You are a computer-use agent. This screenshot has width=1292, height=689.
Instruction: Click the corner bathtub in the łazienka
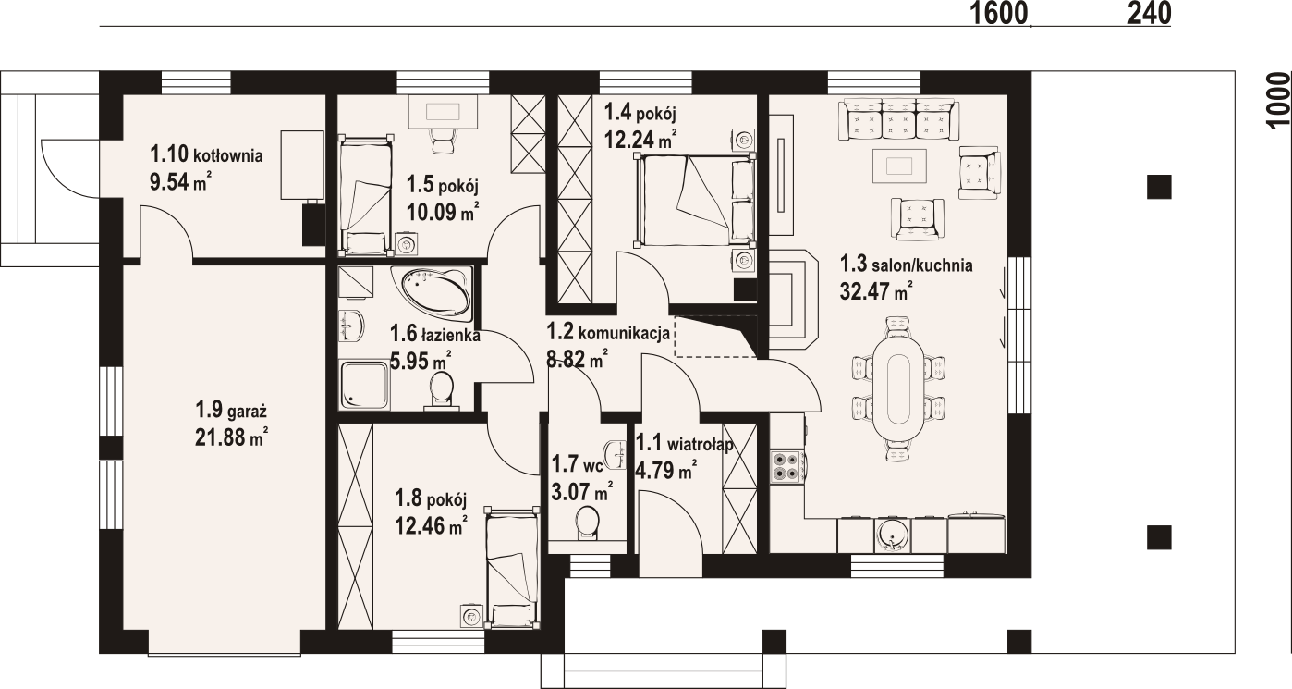[433, 294]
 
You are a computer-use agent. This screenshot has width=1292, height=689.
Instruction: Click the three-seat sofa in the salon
[899, 119]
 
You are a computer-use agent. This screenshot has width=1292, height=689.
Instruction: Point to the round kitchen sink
[893, 535]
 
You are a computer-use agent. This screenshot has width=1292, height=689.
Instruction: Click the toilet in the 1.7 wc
[588, 523]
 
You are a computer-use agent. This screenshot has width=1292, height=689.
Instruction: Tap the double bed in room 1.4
[696, 200]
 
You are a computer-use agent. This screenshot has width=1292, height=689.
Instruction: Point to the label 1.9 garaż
[231, 411]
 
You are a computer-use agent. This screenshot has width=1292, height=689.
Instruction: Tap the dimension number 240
[1149, 13]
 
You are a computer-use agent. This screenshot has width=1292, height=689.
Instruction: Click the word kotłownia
[228, 155]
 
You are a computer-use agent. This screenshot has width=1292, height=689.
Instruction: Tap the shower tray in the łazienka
[364, 385]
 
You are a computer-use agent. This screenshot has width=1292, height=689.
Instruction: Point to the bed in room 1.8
[513, 568]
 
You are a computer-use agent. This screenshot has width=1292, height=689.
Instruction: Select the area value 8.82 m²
[576, 360]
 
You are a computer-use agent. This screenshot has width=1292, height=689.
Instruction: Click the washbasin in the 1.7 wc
[616, 454]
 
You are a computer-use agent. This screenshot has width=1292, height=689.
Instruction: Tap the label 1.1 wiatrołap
[685, 444]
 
